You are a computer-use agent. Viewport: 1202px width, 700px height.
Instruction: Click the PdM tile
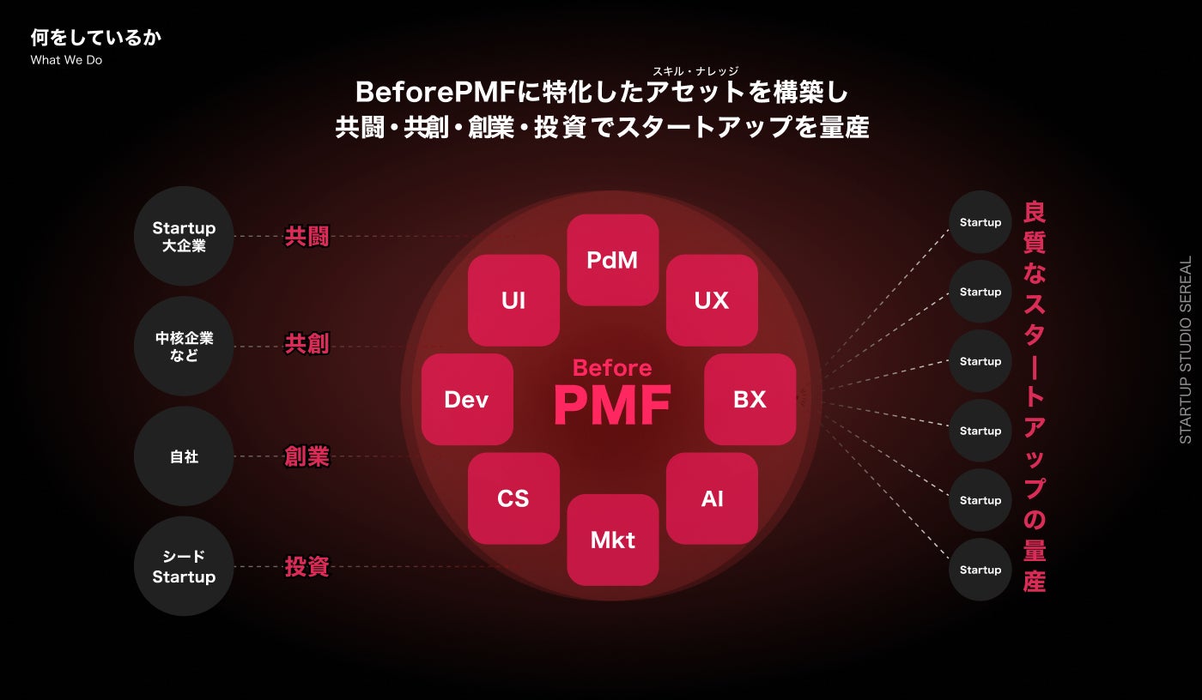coord(613,260)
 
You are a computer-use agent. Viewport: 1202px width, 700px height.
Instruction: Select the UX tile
coord(712,300)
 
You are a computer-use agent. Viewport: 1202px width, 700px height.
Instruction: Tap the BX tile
coord(750,399)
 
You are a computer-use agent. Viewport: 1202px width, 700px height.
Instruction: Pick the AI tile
coord(712,498)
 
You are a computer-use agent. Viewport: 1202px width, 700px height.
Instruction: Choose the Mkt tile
coord(613,540)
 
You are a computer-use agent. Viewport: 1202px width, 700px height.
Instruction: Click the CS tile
coord(513,498)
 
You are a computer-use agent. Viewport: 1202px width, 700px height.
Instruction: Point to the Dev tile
coord(467,399)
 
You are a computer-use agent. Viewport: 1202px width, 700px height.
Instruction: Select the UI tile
coord(513,300)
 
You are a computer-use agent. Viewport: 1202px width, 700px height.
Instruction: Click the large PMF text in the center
coord(612,405)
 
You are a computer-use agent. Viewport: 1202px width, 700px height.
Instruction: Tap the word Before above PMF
coord(612,368)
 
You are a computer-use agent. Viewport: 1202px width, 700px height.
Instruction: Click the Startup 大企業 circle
coord(184,236)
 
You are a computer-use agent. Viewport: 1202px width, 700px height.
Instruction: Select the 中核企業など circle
coord(184,347)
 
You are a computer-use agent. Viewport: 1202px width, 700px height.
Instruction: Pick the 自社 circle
coord(184,456)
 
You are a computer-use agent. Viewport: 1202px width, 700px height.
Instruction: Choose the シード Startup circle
coord(184,566)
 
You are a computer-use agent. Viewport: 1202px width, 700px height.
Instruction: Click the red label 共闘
coord(307,237)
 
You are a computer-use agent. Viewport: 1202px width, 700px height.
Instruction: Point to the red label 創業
coord(307,457)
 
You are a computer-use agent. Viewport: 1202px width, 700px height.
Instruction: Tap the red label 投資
coord(307,566)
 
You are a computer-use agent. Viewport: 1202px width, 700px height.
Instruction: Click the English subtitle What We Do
coord(66,60)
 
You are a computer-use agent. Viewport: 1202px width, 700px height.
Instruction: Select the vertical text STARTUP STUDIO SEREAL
coord(1186,350)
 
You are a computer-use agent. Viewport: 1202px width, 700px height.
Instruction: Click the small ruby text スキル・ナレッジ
coord(695,71)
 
